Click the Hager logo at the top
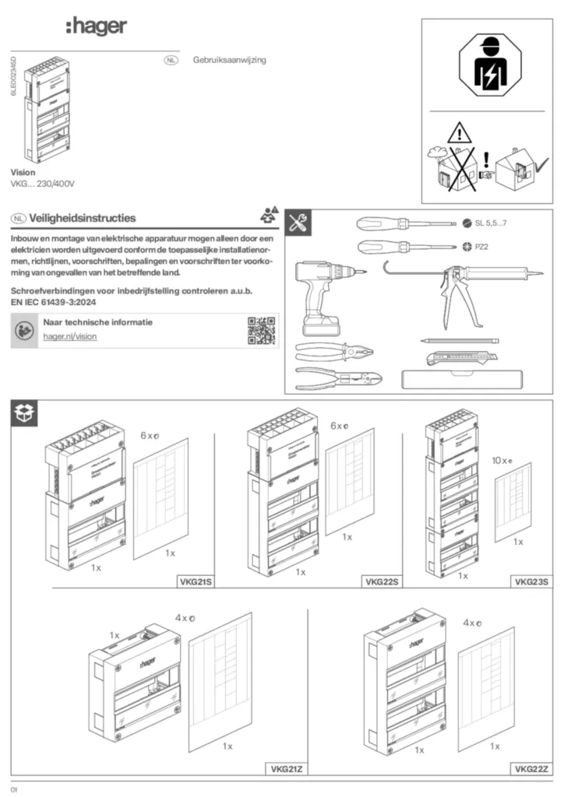(96, 28)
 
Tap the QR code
(261, 331)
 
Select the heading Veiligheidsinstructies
(83, 218)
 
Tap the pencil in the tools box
(459, 341)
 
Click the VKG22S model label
(382, 581)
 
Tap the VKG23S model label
(531, 581)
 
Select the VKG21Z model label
(287, 769)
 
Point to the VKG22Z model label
(531, 769)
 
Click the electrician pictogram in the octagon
(488, 67)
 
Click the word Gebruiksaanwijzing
(229, 60)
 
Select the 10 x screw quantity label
(501, 460)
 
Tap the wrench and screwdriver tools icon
(298, 223)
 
